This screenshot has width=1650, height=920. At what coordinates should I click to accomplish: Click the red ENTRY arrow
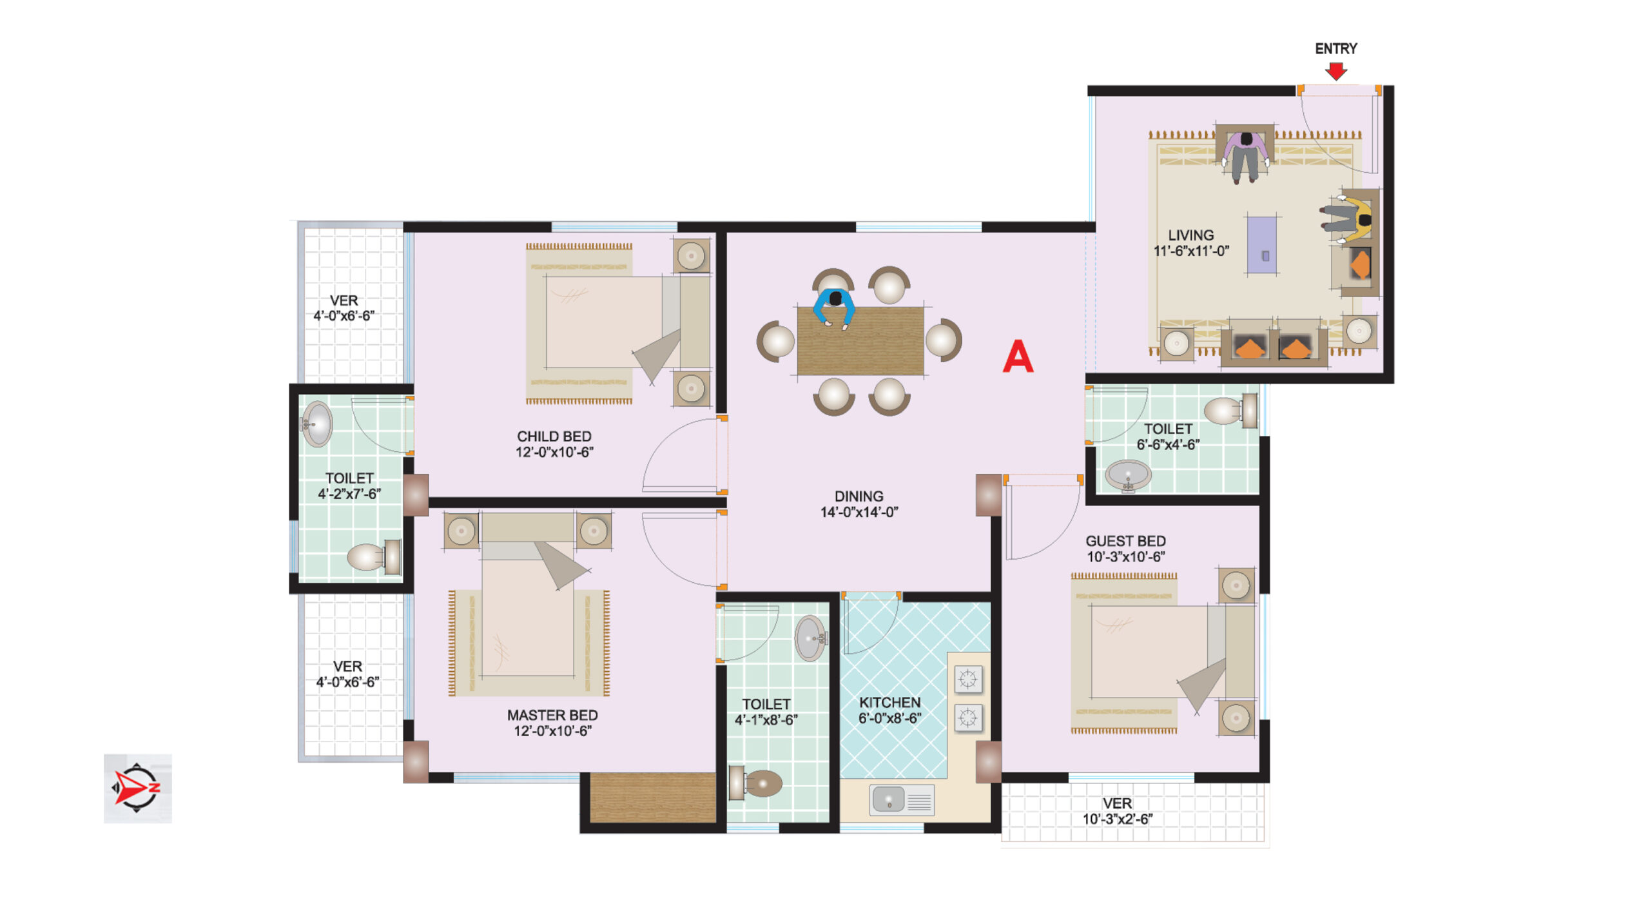1335,71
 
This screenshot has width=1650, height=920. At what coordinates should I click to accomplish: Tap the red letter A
1018,356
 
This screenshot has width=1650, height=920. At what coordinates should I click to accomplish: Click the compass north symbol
137,788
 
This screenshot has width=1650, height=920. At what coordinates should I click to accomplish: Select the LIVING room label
1190,235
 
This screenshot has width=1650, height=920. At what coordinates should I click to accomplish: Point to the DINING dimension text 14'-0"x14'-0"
859,512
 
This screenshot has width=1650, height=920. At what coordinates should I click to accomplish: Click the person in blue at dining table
835,308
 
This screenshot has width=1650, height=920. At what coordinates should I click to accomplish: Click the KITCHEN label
889,702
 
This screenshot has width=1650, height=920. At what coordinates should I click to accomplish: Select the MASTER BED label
552,715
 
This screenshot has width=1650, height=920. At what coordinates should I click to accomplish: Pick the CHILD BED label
554,436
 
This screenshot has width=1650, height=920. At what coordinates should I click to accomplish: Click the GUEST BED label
1125,541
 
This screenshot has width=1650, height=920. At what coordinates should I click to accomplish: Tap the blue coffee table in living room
1262,246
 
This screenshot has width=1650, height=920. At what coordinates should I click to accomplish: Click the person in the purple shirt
1246,157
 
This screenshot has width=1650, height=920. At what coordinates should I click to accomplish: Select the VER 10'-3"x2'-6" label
1117,811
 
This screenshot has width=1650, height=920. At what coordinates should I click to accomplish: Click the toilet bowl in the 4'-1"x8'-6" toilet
757,783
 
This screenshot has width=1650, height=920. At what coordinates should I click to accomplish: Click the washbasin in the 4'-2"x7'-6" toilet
316,424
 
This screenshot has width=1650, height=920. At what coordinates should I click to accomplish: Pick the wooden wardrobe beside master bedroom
653,798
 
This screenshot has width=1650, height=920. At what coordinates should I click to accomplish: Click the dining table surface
860,340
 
